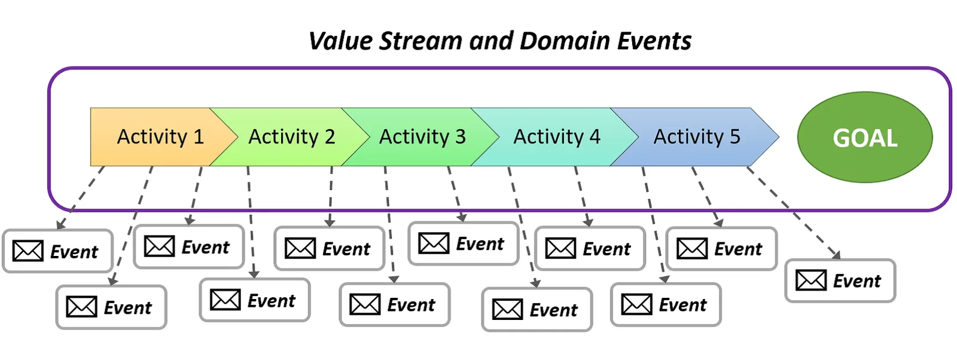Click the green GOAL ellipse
[x=865, y=137]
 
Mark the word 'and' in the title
[x=491, y=41]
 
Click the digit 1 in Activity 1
[x=199, y=137]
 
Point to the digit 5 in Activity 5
[x=735, y=137]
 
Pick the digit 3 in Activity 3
[x=460, y=137]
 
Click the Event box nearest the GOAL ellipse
[x=840, y=280]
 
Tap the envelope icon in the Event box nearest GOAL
[x=811, y=280]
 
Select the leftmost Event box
[x=57, y=251]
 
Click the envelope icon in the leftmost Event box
[x=28, y=251]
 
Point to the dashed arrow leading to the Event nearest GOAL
[x=793, y=213]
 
